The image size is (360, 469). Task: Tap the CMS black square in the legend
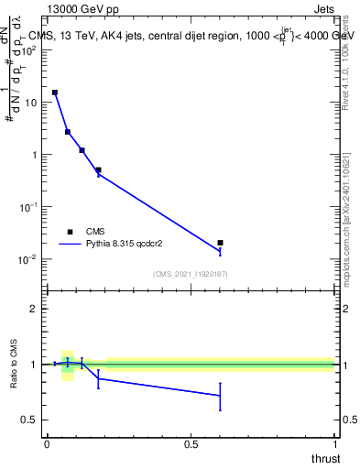click(x=70, y=231)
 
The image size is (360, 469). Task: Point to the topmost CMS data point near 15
click(x=54, y=93)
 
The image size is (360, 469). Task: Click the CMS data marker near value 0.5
click(x=98, y=169)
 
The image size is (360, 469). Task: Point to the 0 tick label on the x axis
click(x=47, y=443)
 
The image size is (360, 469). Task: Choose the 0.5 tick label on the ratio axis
click(x=30, y=420)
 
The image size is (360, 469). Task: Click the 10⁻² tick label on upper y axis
click(x=28, y=259)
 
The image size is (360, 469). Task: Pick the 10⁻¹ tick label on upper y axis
click(x=28, y=207)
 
